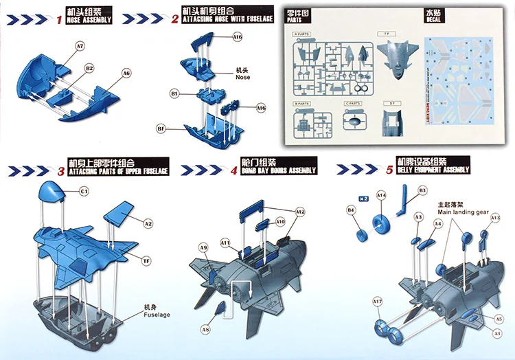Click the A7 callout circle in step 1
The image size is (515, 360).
point(80,45)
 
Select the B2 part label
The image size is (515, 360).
point(89,69)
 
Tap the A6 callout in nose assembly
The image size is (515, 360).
point(126,73)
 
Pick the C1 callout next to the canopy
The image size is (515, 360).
point(84,190)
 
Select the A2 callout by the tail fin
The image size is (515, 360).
point(148,223)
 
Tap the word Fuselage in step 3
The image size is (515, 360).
point(157,314)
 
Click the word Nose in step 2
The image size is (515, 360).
point(243,78)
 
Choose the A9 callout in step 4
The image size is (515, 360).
point(203,247)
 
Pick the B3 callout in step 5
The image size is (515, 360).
point(422,190)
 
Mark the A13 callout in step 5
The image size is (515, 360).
point(496,218)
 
